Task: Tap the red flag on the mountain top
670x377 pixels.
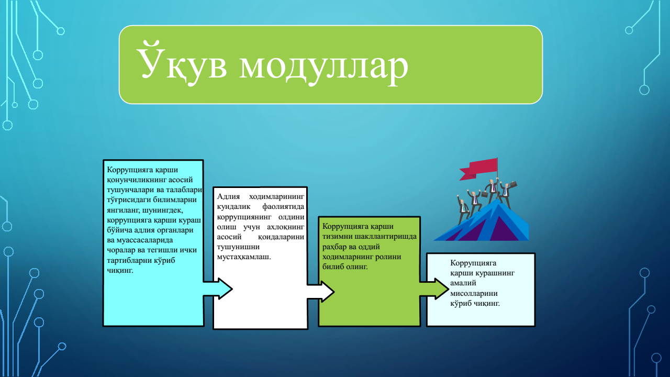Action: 478,169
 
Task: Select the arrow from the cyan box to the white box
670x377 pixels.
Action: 218,289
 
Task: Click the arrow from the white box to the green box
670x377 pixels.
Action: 321,292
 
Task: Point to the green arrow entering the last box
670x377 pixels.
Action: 434,289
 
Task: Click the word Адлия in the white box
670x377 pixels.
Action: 228,196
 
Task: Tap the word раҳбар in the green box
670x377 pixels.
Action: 334,247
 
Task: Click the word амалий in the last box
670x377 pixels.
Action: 463,283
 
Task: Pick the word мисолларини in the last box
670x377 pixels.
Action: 474,294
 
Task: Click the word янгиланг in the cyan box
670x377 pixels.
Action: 122,210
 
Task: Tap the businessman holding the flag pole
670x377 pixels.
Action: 492,188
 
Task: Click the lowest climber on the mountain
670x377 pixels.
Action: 462,209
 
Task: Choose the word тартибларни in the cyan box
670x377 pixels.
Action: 129,260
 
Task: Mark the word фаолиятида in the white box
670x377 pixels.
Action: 283,207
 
